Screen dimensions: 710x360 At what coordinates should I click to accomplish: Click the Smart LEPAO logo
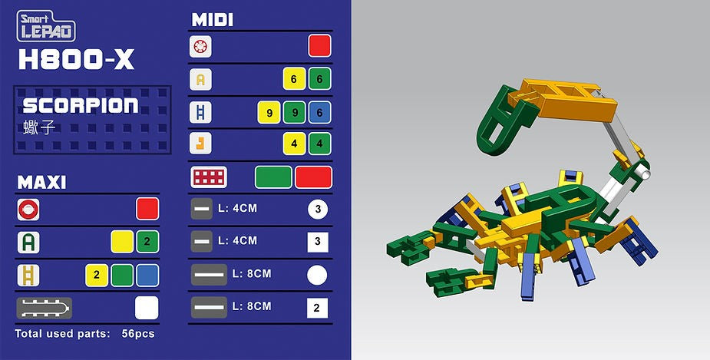[x=46, y=26]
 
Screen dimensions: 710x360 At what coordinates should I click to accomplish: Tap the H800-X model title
[x=77, y=59]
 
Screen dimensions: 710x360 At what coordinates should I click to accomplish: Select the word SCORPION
[x=81, y=105]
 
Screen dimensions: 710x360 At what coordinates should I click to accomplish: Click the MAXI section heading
[x=41, y=182]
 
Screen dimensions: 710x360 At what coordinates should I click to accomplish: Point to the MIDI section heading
[x=213, y=19]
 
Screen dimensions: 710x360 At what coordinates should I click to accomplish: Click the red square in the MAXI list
[x=147, y=209]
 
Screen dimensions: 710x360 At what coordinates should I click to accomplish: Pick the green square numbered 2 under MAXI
[x=147, y=242]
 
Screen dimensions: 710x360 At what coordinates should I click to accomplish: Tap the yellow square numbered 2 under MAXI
[x=97, y=276]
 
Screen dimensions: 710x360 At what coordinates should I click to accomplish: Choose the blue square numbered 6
[x=319, y=112]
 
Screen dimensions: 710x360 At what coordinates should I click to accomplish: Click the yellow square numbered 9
[x=269, y=112]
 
